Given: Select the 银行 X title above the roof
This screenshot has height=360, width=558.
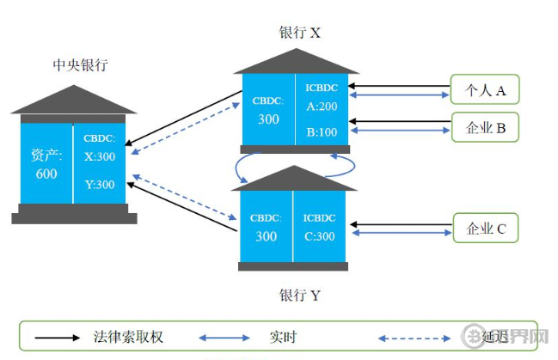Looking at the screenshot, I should point(299,33).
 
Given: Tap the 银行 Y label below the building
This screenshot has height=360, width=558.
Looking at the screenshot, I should point(299,296).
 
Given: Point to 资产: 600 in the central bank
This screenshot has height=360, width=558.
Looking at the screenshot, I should point(46,164).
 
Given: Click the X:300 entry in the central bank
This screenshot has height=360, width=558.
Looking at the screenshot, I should point(100,156).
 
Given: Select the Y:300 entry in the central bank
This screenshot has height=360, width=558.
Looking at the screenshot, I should point(100,184).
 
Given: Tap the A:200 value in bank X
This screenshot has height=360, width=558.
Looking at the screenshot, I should point(322,107).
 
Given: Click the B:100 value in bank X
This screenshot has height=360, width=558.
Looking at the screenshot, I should point(322,133).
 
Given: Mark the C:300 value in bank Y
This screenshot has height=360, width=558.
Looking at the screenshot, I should point(320,236).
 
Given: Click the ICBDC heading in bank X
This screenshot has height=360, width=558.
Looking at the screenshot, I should point(322,88).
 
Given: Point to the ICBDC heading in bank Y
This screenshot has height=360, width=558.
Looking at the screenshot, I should point(320,218).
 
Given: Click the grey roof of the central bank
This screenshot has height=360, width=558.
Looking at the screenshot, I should point(74,101).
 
